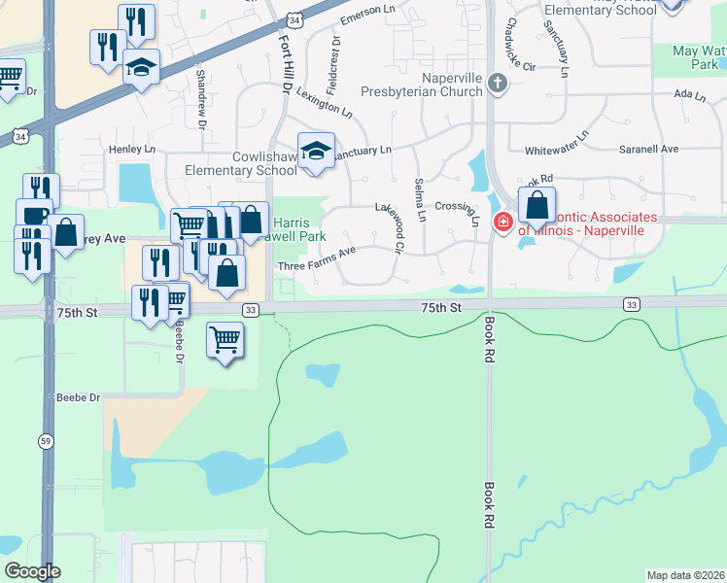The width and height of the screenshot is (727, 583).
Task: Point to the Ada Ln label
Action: [687, 94]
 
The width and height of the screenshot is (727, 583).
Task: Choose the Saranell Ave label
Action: [649, 150]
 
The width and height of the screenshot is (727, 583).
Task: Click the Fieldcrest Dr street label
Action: [335, 56]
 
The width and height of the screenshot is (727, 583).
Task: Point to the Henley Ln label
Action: [132, 150]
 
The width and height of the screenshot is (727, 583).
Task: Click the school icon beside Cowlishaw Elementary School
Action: [316, 150]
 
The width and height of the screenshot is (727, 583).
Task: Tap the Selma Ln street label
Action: [420, 200]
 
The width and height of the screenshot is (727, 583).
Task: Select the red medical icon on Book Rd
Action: [502, 223]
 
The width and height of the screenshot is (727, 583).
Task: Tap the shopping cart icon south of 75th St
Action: [225, 339]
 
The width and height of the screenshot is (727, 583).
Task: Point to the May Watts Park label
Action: [699, 56]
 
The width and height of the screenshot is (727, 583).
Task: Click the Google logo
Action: [32, 571]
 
